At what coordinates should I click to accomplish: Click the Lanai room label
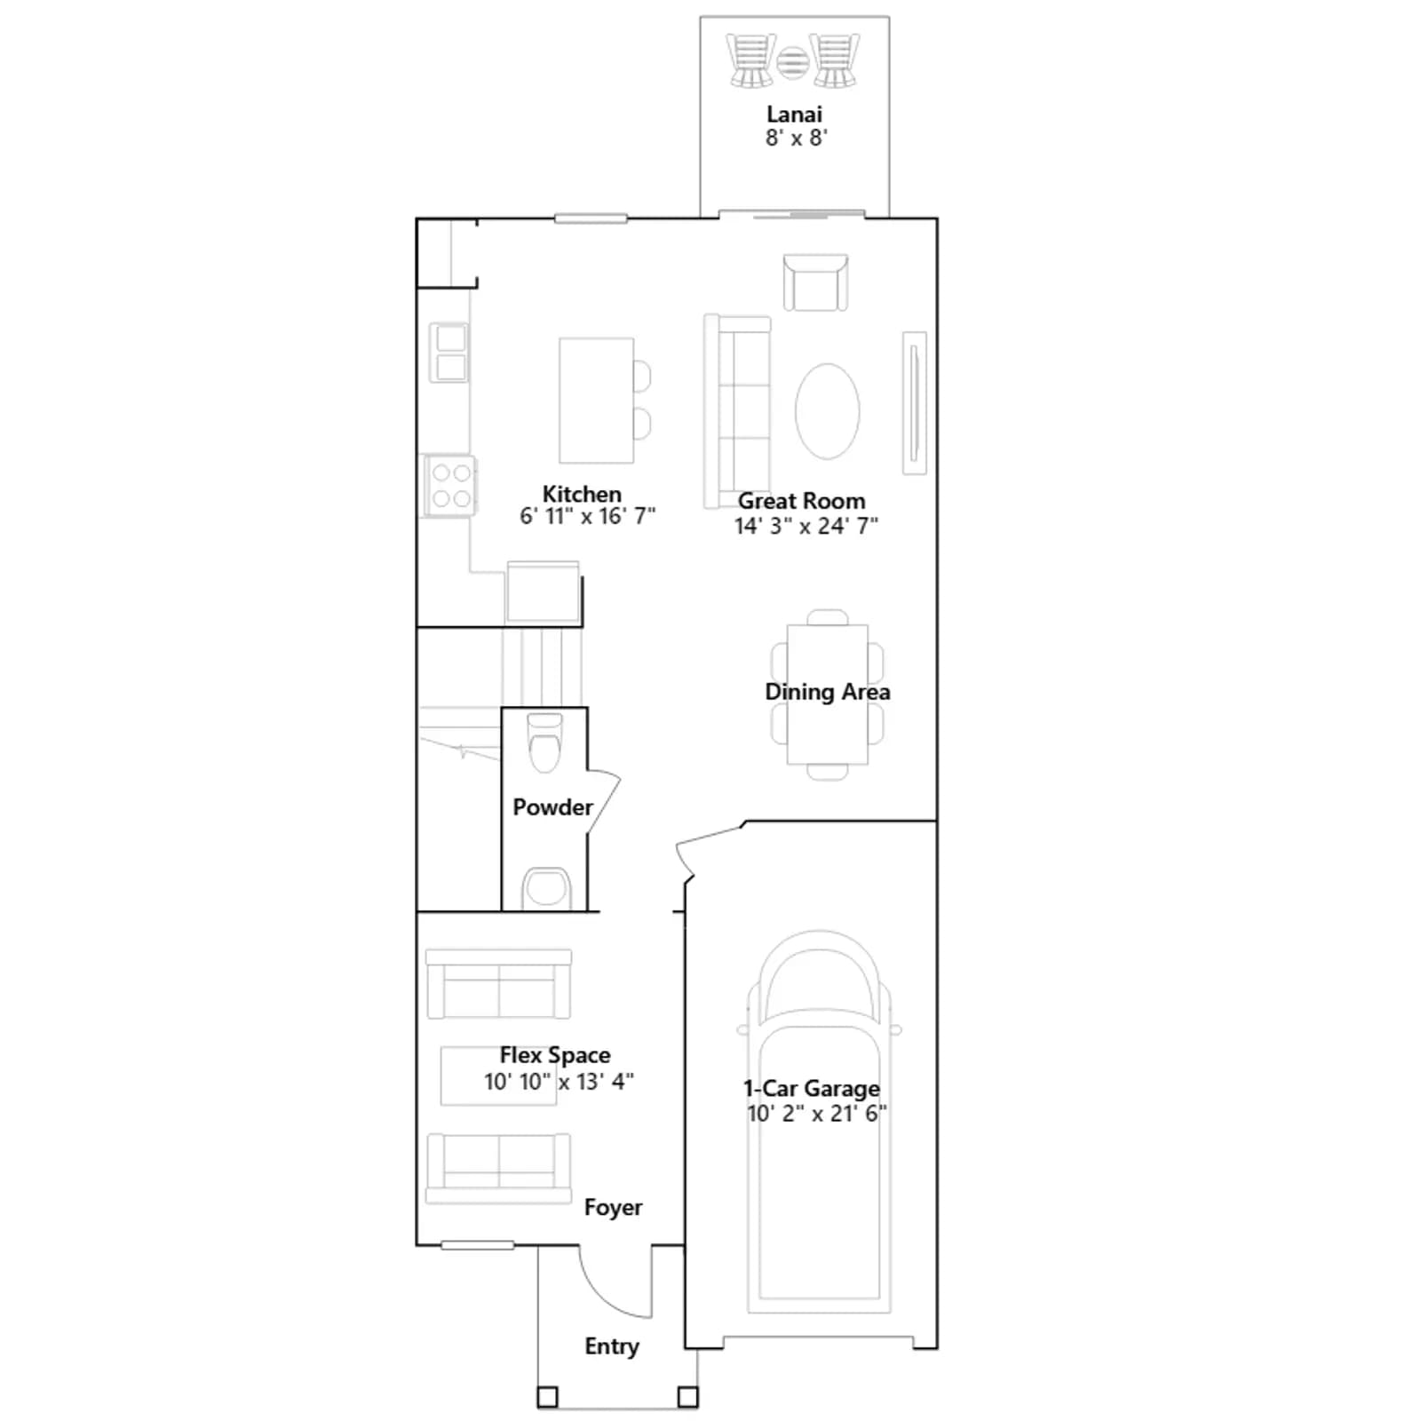(794, 115)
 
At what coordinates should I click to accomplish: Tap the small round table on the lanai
(792, 62)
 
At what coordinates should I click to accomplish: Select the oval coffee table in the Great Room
(827, 411)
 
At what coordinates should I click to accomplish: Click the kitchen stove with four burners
(450, 486)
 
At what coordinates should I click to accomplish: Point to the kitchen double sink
(449, 353)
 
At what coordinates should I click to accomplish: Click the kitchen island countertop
(596, 400)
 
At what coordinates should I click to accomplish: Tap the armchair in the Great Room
(815, 282)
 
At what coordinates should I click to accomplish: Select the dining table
(827, 695)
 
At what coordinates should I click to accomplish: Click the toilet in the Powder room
(544, 742)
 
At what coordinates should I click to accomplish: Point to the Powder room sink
(546, 888)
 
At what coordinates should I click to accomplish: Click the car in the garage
(818, 1121)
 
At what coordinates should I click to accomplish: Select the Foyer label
(613, 1208)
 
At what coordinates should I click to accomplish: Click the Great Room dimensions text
(806, 526)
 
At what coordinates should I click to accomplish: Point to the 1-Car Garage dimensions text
(817, 1114)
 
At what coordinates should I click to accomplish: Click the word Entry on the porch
(611, 1347)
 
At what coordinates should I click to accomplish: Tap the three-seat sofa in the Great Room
(737, 411)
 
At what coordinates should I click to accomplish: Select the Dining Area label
(827, 692)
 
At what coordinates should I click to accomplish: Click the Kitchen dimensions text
(587, 516)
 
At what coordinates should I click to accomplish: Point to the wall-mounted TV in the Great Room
(914, 403)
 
